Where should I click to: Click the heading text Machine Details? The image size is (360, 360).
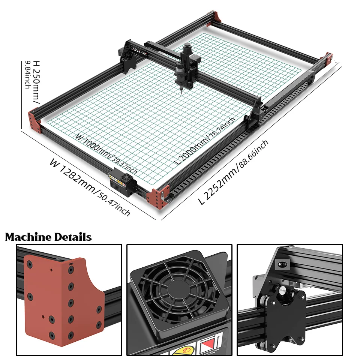[48, 237]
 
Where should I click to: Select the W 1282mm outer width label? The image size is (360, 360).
[90, 187]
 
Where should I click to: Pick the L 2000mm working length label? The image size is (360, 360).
[205, 141]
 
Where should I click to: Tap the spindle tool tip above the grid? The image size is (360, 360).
[181, 90]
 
